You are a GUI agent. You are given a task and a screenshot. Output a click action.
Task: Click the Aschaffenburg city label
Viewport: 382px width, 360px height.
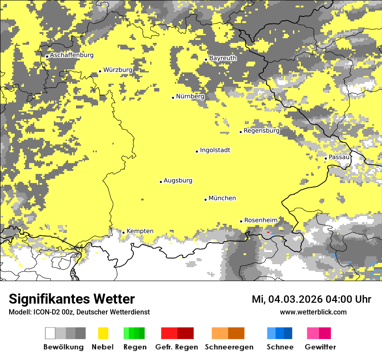point(72,55)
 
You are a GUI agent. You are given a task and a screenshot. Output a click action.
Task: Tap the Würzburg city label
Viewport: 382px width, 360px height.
point(118,70)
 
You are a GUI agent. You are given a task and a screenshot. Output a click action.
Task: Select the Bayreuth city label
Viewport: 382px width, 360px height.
point(223,58)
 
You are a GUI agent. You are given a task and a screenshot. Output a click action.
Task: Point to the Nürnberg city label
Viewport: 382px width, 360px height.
point(190,96)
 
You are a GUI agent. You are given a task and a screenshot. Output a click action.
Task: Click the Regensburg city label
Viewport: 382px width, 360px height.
point(261,131)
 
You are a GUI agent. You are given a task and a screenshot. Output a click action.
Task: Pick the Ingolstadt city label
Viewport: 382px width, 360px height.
point(215,150)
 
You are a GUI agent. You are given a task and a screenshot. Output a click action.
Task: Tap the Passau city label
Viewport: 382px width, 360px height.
point(339,157)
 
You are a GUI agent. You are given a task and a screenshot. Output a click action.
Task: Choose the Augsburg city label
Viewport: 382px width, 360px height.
point(178,180)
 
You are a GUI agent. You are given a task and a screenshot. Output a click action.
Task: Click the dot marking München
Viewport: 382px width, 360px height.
point(206,200)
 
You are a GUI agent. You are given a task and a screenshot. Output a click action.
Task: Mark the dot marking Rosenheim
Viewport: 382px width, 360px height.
point(241,221)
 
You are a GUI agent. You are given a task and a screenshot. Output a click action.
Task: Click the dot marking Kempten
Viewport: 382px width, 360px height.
point(123,232)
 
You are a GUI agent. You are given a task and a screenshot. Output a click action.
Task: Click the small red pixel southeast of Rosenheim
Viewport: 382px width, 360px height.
point(268,232)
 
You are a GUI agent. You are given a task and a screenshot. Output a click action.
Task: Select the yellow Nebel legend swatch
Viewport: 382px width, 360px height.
point(103,333)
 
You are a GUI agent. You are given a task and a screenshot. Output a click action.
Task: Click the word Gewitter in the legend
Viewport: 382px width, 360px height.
point(320,347)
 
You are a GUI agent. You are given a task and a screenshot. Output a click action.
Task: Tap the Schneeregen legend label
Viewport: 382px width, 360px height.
point(229,347)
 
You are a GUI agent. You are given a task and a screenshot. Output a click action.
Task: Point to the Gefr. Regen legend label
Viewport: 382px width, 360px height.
point(176,347)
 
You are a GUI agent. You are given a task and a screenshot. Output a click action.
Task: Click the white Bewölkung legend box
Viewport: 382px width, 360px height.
point(50,333)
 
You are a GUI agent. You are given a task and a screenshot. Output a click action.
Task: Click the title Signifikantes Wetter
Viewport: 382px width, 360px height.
point(72,299)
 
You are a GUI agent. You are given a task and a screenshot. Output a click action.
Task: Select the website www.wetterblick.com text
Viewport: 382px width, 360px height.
point(313,312)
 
